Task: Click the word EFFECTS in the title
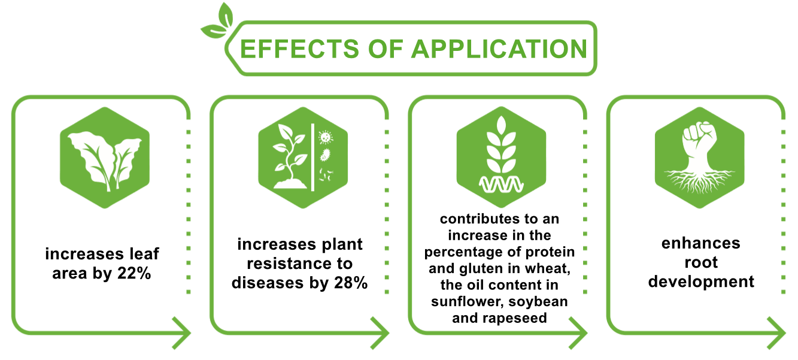point(299,49)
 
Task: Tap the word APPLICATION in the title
point(499,49)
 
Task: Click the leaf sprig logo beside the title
point(217,21)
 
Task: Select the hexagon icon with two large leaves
point(105,158)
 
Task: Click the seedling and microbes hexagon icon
point(303,158)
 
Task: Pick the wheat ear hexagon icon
point(501,157)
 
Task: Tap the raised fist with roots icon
point(700,158)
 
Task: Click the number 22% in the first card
point(134,273)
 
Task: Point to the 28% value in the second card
point(351,283)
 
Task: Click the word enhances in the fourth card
point(701,243)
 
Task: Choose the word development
point(701,282)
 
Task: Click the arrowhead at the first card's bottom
point(181,333)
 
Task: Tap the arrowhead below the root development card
point(776,333)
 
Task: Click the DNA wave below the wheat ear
point(501,184)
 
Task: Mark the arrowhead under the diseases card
point(380,333)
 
